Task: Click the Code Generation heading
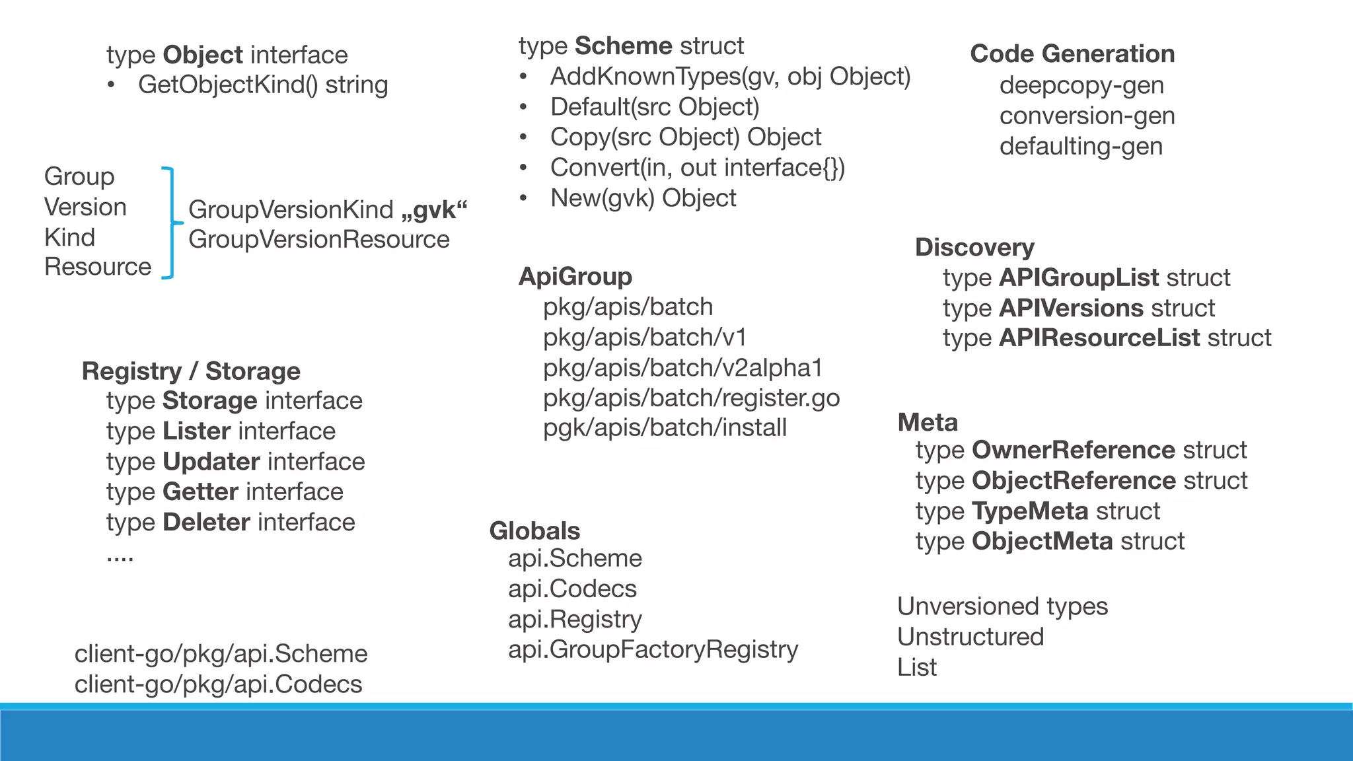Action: pyautogui.click(x=1072, y=54)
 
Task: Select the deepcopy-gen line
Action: pyautogui.click(x=1081, y=85)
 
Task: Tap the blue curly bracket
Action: pyautogui.click(x=170, y=223)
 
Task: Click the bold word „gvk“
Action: pyautogui.click(x=434, y=209)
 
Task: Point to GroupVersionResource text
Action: pyautogui.click(x=318, y=239)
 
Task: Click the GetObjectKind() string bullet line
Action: pyautogui.click(x=262, y=85)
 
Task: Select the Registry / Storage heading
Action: pyautogui.click(x=191, y=371)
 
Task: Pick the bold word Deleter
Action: pyautogui.click(x=206, y=522)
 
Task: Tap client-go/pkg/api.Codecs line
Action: pyautogui.click(x=218, y=684)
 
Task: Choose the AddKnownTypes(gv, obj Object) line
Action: pyautogui.click(x=730, y=77)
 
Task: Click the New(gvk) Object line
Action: pyautogui.click(x=643, y=198)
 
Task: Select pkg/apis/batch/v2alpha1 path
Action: pyautogui.click(x=682, y=368)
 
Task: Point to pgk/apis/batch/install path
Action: pyautogui.click(x=665, y=428)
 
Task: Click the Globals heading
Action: pyautogui.click(x=534, y=531)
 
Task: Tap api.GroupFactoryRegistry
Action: pyautogui.click(x=653, y=649)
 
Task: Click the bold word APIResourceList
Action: pyautogui.click(x=1099, y=338)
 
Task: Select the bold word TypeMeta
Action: pyautogui.click(x=1030, y=511)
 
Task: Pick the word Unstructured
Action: pyautogui.click(x=970, y=637)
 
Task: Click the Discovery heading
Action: pyautogui.click(x=974, y=247)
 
